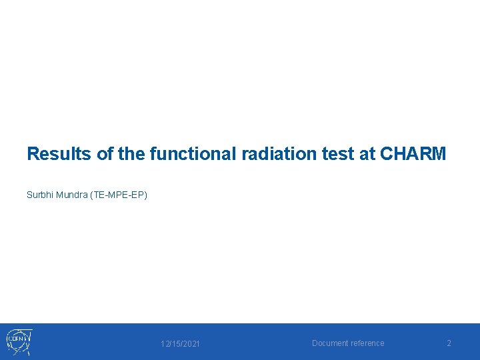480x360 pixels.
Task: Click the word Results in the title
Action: click(59, 155)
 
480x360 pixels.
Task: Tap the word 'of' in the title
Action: click(105, 155)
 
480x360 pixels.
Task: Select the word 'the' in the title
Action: click(131, 155)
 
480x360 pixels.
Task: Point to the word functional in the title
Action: click(192, 155)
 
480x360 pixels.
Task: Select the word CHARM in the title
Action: click(413, 155)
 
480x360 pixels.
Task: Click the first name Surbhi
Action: click(39, 195)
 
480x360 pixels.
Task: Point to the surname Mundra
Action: click(71, 195)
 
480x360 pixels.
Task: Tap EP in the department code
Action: click(138, 195)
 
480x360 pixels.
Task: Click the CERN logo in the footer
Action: click(19, 342)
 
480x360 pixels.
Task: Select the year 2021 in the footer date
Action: click(190, 344)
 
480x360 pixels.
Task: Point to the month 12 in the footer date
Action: click(165, 344)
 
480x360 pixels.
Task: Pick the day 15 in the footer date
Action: click(175, 344)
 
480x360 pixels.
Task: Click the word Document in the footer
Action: click(331, 343)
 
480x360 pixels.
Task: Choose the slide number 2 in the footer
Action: click(449, 343)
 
